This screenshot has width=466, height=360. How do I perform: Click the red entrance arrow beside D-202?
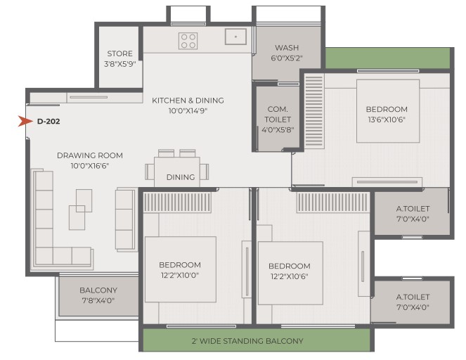point(25,121)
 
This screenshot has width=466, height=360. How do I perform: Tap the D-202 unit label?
point(48,121)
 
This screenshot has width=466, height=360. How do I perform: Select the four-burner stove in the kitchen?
point(188,41)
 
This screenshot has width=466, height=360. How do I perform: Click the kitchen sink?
point(235,37)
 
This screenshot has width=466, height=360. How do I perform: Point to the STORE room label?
point(119,54)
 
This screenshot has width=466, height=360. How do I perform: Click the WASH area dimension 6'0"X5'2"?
point(287,58)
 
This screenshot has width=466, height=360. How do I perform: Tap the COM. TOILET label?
point(278,114)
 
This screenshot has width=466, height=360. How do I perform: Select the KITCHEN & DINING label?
point(188,101)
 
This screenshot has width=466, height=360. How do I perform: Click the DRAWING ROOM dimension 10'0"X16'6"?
point(90,165)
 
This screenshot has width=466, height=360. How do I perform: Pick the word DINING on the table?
point(181,177)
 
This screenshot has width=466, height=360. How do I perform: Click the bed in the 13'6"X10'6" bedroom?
point(388,111)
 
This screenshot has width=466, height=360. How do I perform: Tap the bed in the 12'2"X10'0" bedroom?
point(181,269)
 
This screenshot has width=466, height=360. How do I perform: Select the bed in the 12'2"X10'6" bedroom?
point(290,273)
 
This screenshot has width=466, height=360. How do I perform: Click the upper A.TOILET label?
point(413,209)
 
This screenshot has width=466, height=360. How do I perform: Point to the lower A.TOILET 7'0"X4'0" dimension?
point(413,307)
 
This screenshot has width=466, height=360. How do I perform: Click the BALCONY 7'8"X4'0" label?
point(98,295)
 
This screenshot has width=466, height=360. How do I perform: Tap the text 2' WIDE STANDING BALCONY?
point(247,341)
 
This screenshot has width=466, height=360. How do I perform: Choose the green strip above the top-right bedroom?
point(388,58)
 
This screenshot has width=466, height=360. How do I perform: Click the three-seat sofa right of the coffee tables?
point(125,219)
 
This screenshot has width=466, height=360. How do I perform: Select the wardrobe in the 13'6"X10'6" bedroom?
point(314,111)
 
